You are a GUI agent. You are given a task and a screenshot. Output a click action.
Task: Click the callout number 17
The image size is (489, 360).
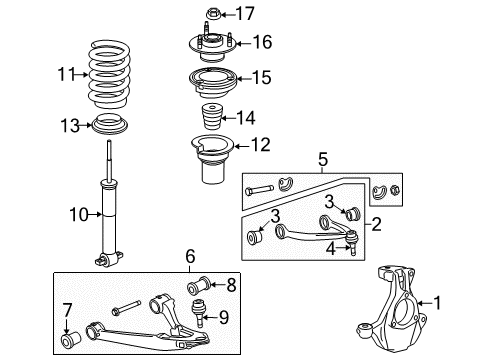246,13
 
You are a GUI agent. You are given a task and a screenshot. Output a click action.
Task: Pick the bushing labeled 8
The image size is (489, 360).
198,285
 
